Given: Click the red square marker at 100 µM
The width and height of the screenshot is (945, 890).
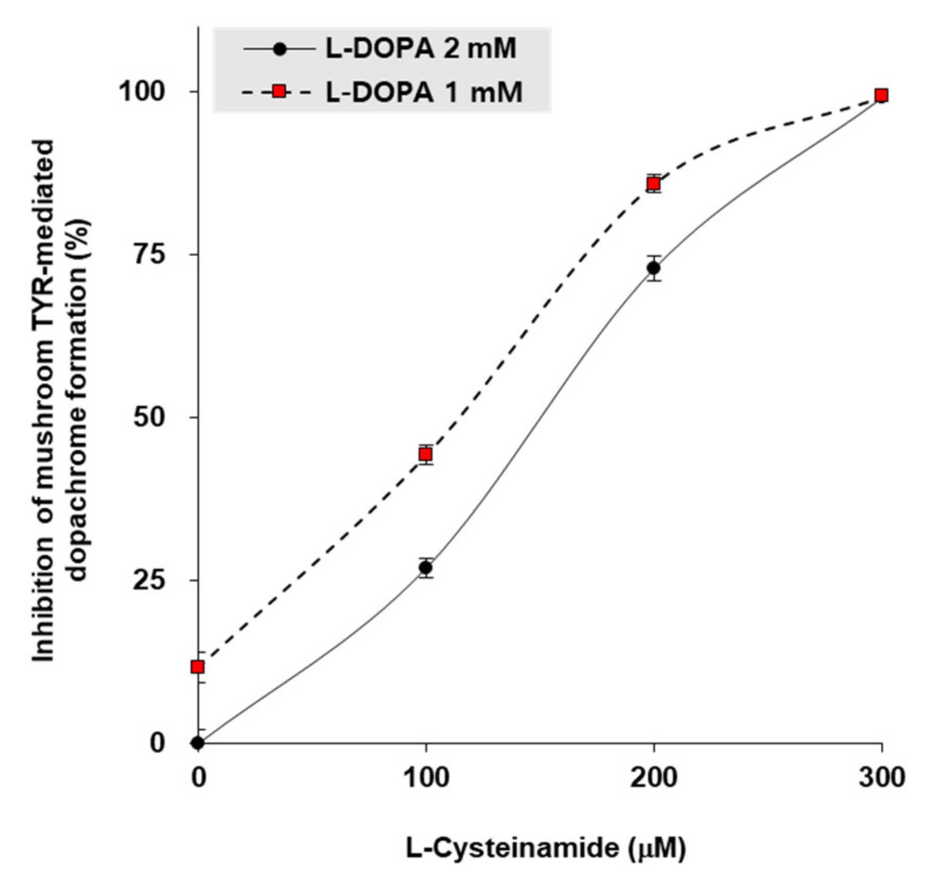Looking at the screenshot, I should pos(425,454).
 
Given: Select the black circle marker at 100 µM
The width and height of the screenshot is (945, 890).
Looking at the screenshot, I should pos(425,568).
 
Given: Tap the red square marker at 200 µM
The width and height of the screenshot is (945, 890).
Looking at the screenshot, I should pos(653,184).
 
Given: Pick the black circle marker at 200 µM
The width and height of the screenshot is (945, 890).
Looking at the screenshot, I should pos(653,268).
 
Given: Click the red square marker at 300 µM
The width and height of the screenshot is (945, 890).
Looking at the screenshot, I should pos(881,95).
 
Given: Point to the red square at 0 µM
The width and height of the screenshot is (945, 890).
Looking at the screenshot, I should pos(198,666).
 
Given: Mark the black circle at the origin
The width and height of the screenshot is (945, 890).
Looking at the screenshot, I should pos(198,743).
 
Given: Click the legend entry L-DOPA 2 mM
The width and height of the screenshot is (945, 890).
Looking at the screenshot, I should pos(420,49).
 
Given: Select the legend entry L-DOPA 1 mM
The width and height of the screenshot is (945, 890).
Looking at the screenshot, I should pos(423,92).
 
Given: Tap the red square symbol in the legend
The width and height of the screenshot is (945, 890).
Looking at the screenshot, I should pos(279,92).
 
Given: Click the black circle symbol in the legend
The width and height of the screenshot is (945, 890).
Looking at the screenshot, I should pos(280,49).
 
